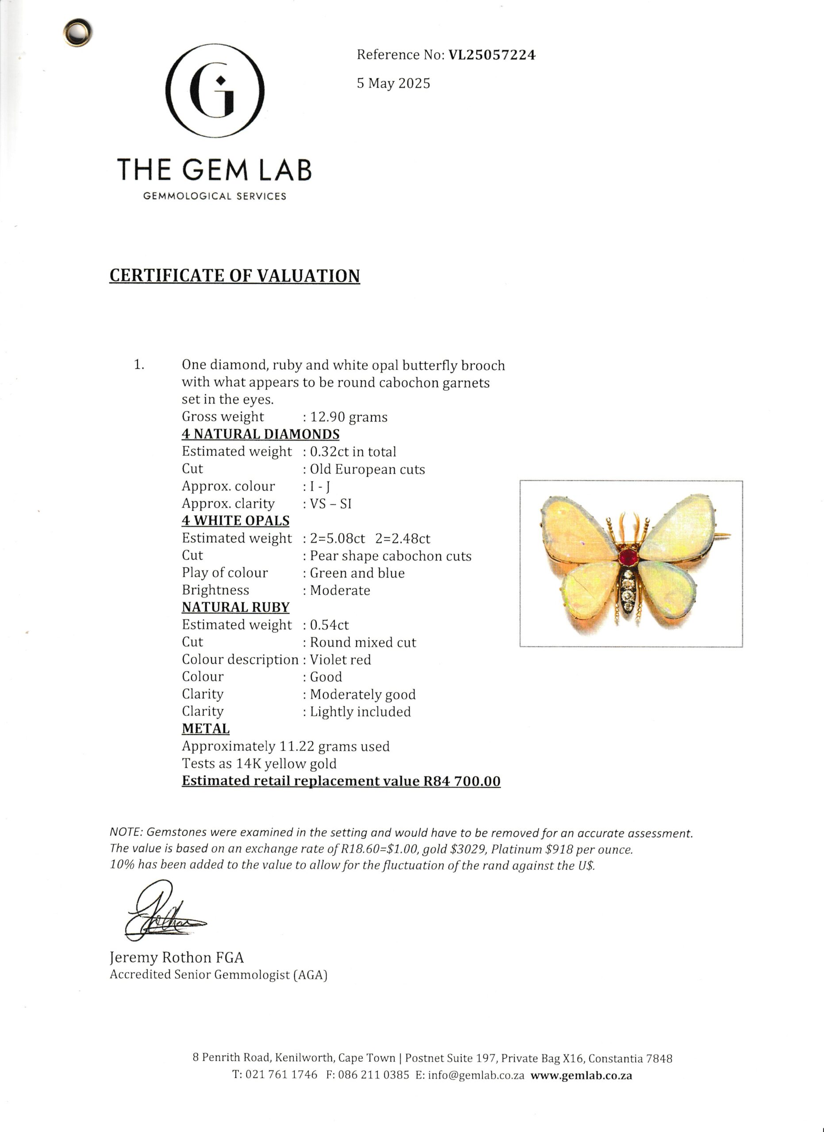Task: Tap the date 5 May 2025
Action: [x=393, y=84]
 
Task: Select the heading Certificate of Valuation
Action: [x=234, y=276]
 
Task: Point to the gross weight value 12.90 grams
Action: [x=349, y=417]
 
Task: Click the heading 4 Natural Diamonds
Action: [x=261, y=434]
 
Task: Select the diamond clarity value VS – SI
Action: [x=330, y=504]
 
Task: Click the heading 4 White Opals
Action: [x=236, y=521]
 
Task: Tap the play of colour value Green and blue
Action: [x=357, y=573]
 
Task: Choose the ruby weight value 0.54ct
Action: [x=330, y=625]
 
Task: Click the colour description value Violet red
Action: [x=341, y=660]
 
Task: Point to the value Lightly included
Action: [x=360, y=712]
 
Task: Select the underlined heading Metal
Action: [x=206, y=729]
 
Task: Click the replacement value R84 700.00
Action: [x=462, y=781]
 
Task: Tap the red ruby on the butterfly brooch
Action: [x=629, y=557]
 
